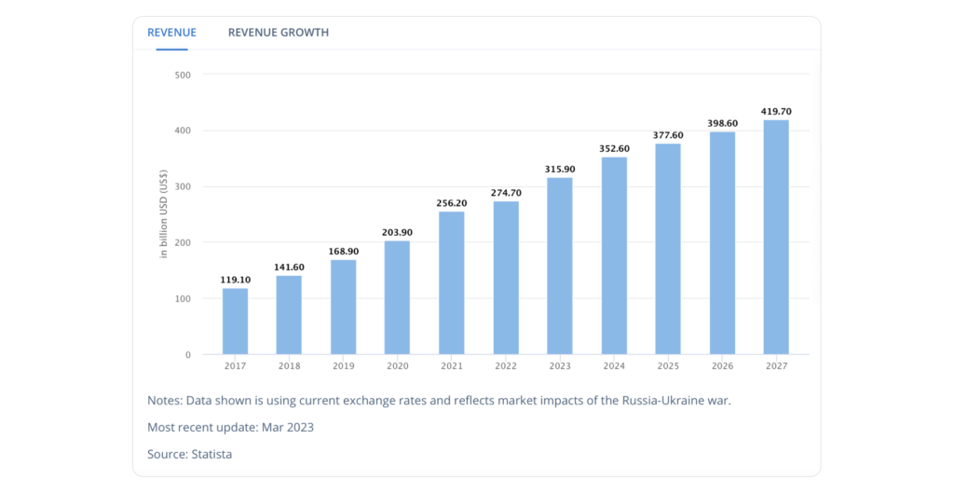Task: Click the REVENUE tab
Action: (x=171, y=33)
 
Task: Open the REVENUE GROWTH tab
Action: (x=278, y=33)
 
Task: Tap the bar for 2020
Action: (x=397, y=298)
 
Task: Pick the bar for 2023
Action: (x=559, y=267)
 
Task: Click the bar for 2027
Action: (x=776, y=238)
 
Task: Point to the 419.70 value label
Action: (x=776, y=112)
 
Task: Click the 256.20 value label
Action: (x=451, y=203)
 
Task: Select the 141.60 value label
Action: (x=289, y=267)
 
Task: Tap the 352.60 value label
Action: (x=613, y=149)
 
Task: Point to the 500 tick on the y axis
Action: (x=183, y=75)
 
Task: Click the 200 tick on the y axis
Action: (x=183, y=242)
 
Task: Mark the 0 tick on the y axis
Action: (x=187, y=354)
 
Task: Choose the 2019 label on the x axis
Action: (x=343, y=366)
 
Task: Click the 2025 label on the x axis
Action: (x=667, y=366)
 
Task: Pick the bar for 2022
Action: (x=505, y=278)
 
